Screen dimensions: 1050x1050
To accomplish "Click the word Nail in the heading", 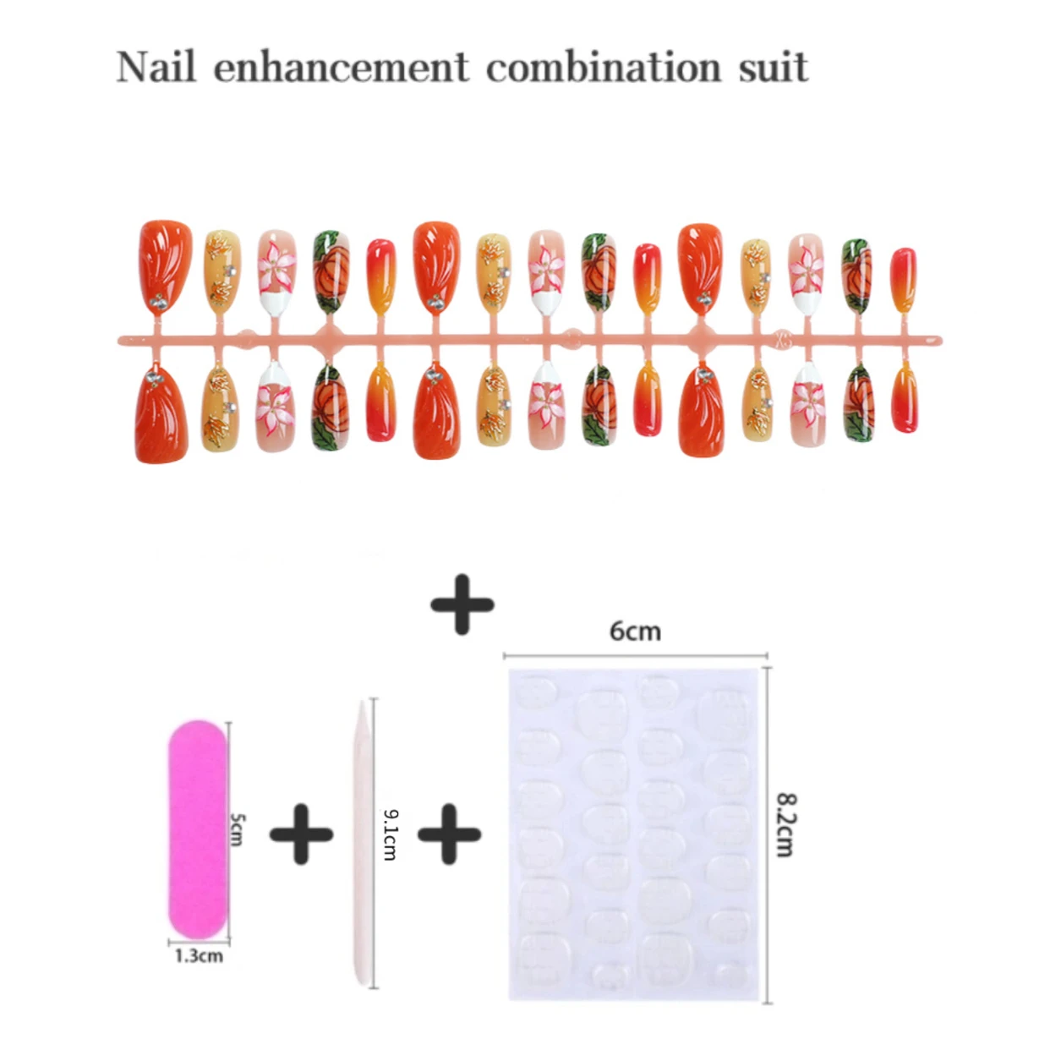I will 156,67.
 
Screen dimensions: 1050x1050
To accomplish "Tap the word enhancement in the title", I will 341,67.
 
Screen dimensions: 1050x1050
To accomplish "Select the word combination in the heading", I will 603,67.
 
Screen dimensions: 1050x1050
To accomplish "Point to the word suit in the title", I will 773,67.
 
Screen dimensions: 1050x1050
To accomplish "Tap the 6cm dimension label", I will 635,631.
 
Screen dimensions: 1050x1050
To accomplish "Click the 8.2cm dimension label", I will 785,824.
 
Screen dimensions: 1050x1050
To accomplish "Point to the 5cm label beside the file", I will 238,829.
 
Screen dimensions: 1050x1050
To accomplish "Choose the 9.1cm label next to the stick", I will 390,834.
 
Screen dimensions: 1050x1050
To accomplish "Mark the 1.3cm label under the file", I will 199,956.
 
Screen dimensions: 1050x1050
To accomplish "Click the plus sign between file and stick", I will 301,834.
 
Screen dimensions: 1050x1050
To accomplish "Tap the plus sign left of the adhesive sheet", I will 449,834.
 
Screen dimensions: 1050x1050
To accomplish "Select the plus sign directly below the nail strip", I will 462,604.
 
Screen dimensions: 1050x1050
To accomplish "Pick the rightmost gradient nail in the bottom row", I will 904,399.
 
